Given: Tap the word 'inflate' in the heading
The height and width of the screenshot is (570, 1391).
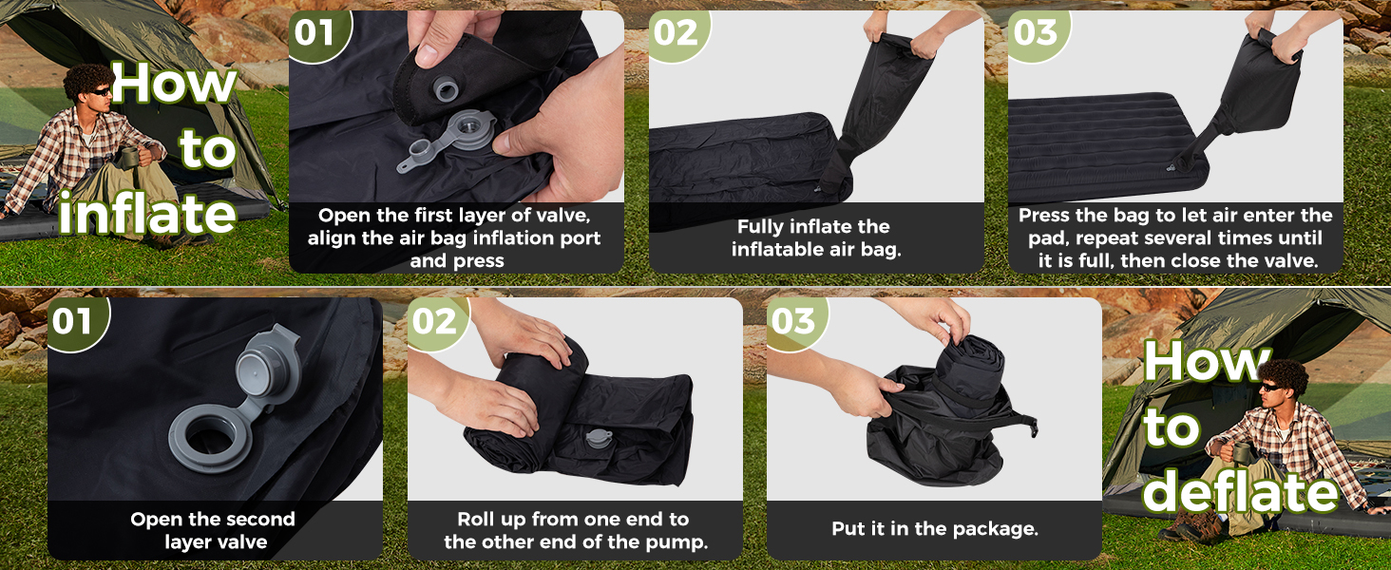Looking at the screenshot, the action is click(148, 214).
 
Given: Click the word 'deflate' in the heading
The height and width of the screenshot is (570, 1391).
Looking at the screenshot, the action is click(1241, 491).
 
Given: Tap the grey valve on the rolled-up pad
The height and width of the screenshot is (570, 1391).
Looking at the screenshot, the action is click(598, 438).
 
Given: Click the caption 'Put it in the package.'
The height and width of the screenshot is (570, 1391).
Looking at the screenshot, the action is click(935, 529).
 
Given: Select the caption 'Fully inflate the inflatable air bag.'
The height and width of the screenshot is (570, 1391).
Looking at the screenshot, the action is click(815, 237).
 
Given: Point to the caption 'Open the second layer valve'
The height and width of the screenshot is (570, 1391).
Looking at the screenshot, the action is click(213, 530).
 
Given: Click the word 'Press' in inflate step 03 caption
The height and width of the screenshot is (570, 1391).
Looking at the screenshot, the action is click(1044, 216).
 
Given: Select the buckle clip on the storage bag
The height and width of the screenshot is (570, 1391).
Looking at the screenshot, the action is click(1032, 427).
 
